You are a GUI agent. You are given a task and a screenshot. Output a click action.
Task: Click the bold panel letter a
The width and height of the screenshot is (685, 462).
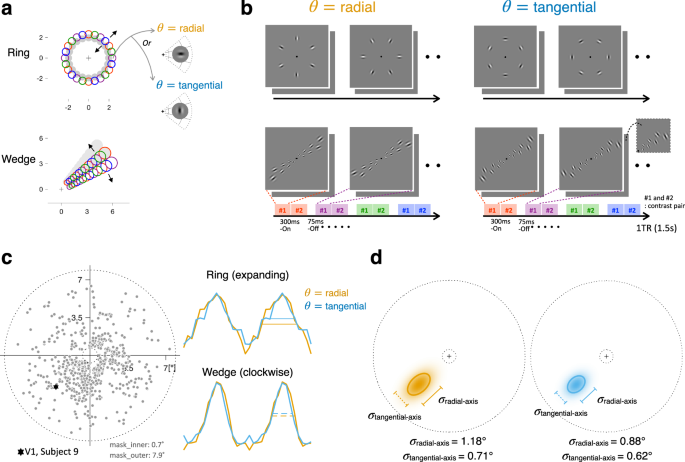point(9,9)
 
